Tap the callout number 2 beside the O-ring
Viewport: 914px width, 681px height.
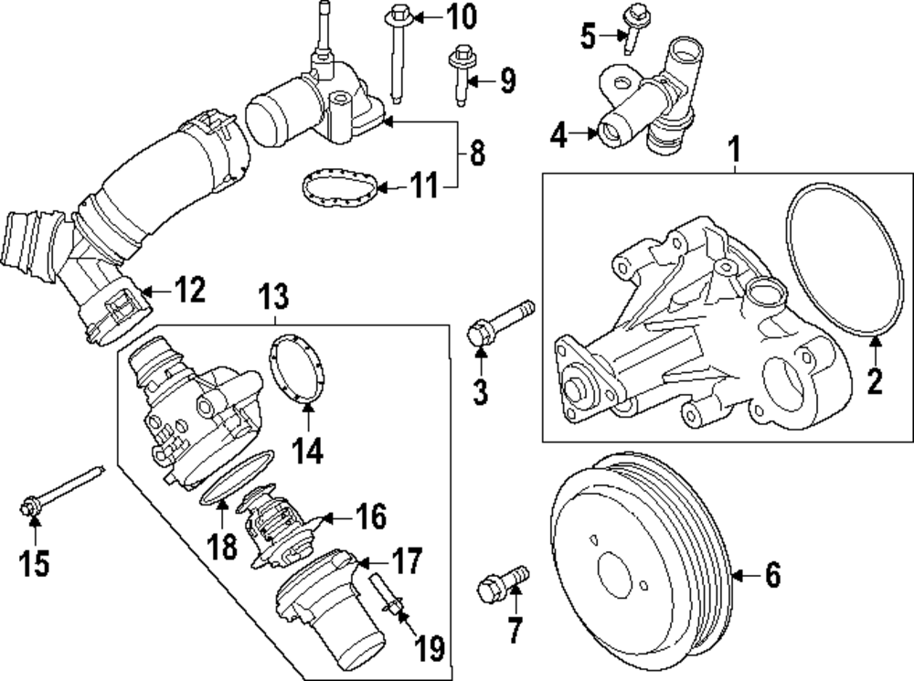[x=875, y=378]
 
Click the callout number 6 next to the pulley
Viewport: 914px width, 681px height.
[x=772, y=575]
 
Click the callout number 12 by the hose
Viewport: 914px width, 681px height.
[x=191, y=291]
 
